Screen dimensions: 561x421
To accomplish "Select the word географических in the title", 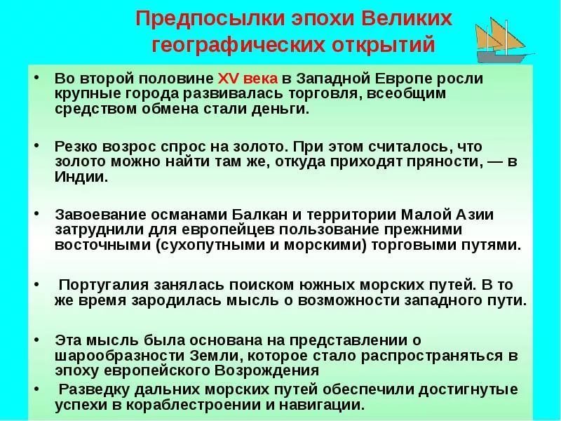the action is pos(238,46).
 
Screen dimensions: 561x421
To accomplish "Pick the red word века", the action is pos(260,79).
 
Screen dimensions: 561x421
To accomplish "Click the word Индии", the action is pos(81,177).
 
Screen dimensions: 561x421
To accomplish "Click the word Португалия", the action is pos(104,285).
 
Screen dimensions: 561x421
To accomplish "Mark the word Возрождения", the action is pos(266,370).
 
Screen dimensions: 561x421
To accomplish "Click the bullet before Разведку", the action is pos(36,388).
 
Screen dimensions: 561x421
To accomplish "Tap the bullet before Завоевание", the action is pos(36,213).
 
